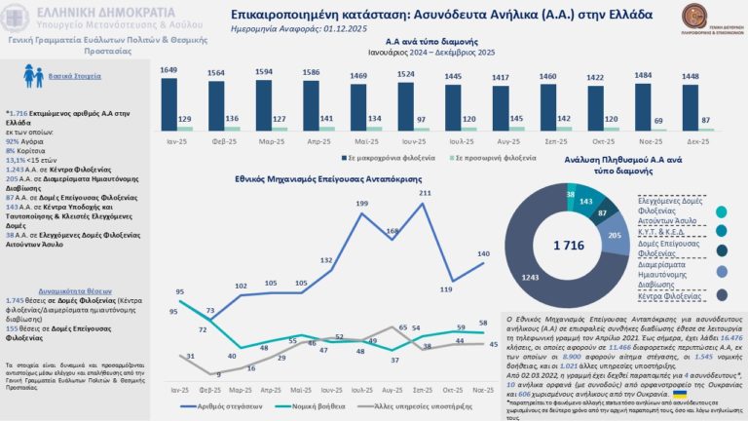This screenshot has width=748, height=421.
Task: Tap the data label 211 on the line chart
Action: [x=425, y=193]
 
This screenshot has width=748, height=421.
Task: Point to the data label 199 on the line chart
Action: [x=360, y=203]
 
